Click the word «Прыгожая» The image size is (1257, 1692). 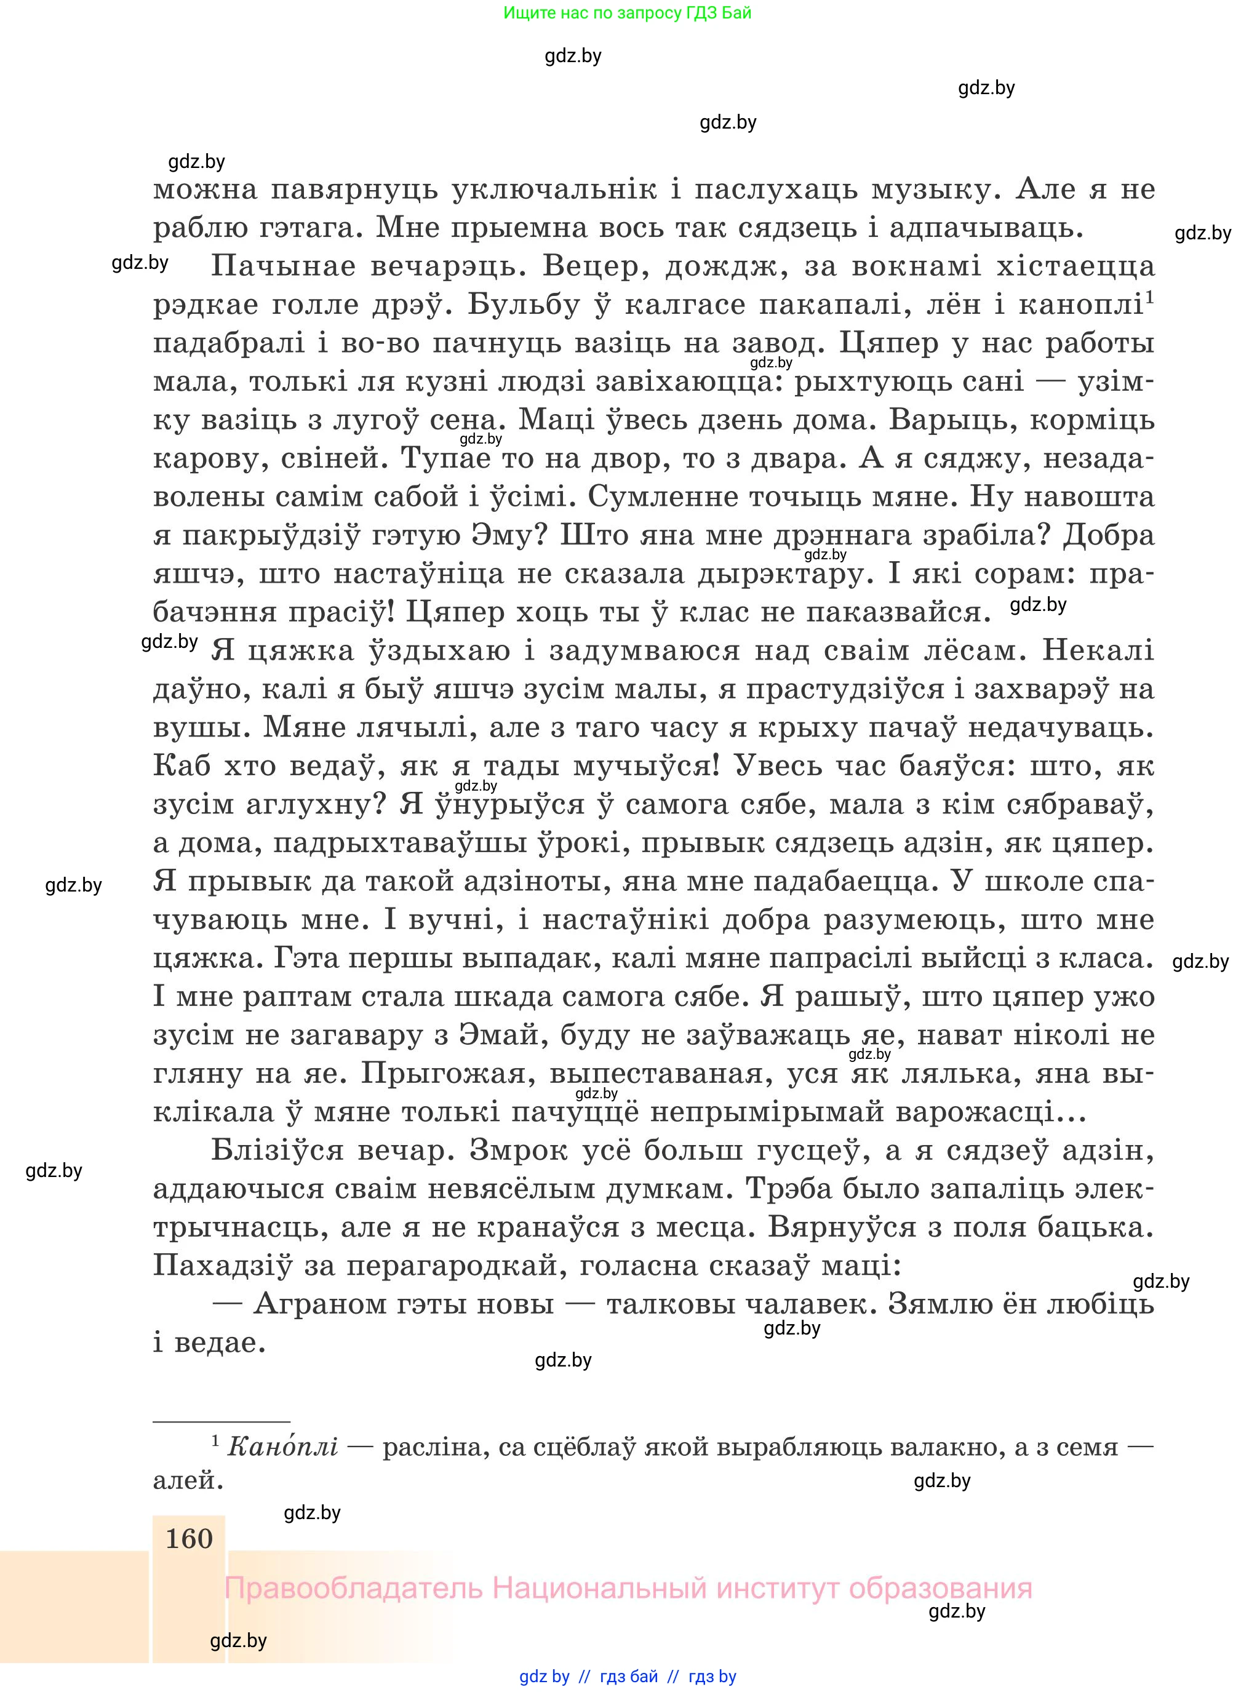443,1074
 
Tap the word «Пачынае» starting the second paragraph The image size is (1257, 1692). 283,267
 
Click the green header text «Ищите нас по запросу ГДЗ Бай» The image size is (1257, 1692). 627,13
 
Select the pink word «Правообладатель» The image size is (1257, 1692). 353,1589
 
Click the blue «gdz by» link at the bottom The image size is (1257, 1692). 544,1677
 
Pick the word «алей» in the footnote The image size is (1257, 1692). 187,1480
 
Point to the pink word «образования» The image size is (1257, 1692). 941,1589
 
